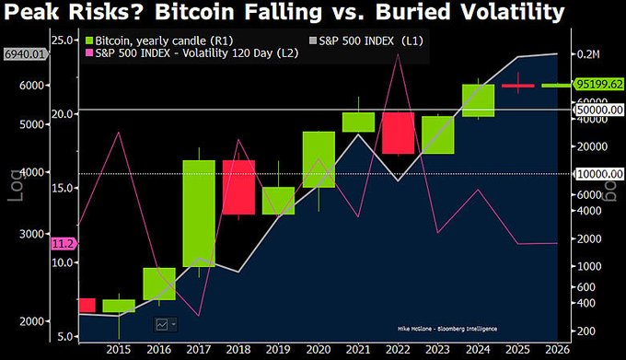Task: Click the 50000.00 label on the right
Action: click(597, 110)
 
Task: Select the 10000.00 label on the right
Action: click(597, 173)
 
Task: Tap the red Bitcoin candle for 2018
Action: click(238, 189)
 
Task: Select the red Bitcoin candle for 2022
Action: click(398, 134)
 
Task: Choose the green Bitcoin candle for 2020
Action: click(319, 159)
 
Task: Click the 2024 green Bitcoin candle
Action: click(478, 100)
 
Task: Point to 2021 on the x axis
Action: click(357, 350)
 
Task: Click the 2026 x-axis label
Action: click(555, 350)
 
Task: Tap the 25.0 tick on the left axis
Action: click(64, 41)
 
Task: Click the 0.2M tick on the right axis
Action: click(589, 54)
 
